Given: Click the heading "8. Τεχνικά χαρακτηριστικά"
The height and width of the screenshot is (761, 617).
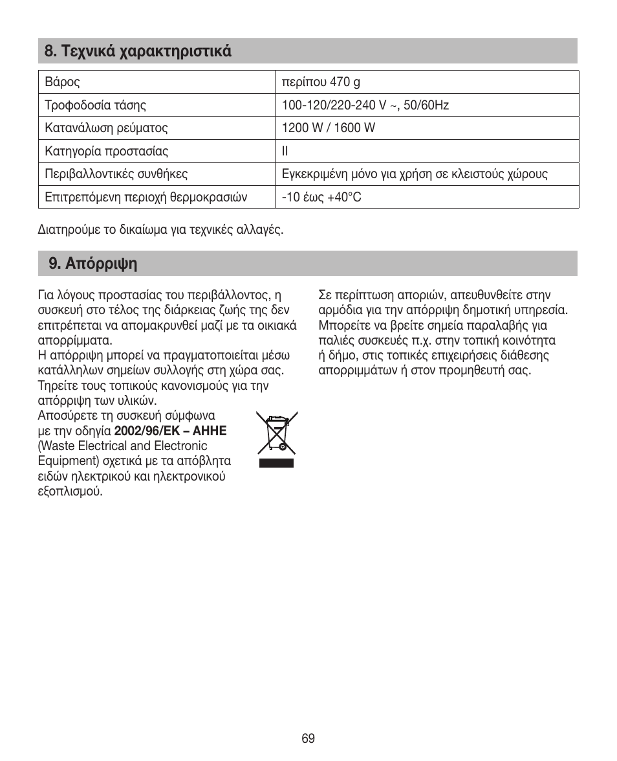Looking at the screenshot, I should (138, 51).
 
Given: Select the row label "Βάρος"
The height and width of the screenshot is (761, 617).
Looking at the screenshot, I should (62, 82).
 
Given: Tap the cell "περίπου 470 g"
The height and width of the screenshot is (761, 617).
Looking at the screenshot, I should (321, 82).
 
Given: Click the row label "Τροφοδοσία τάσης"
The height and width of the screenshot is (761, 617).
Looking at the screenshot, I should (95, 105).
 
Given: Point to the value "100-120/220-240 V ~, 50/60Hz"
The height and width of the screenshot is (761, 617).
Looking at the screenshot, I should (365, 105).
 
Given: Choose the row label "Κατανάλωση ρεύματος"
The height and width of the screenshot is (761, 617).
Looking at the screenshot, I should (106, 128).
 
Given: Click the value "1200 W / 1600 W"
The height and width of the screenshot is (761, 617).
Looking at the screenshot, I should (328, 128).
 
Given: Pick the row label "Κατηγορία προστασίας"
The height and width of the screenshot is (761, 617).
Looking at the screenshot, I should (106, 152).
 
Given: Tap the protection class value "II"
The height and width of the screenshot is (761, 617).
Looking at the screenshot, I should (285, 152).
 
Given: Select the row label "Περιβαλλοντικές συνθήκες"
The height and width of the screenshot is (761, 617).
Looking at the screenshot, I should (116, 174).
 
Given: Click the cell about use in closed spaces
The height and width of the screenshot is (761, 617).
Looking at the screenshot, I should (415, 174).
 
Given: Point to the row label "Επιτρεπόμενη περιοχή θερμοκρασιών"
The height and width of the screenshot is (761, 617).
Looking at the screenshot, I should (146, 198).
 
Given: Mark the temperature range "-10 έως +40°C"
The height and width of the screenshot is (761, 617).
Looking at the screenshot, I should (321, 198).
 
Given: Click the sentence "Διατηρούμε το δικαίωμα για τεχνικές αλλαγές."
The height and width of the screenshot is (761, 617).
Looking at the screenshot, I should (160, 230).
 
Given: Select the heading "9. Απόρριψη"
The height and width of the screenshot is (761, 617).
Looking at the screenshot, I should (93, 264).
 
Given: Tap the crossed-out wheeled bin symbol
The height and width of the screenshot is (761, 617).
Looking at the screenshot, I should (276, 432).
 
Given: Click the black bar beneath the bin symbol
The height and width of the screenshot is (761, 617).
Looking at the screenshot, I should (276, 463).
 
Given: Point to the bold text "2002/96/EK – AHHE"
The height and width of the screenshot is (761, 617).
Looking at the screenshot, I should (175, 431).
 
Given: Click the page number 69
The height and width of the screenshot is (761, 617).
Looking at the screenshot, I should (308, 739).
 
